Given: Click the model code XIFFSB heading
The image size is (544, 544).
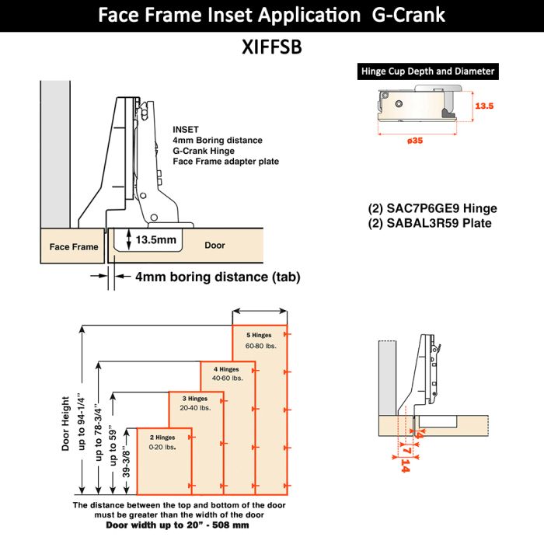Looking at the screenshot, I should point(271,47).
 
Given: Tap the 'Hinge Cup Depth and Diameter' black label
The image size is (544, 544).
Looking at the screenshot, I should point(427,71).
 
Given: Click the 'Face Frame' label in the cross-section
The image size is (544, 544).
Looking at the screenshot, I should point(74,246).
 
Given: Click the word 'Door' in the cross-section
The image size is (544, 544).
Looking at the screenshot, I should point(214,245).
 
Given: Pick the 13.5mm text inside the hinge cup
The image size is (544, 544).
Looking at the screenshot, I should point(155,240).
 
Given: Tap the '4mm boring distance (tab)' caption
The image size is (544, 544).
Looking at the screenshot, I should point(218,277).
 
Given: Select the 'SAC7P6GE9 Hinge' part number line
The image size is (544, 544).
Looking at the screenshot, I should point(432,208).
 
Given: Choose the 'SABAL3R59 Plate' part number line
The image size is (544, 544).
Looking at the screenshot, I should point(430,223).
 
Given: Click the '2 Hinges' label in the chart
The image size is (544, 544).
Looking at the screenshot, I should point(162,438).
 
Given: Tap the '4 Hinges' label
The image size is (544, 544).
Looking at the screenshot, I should point(227,368).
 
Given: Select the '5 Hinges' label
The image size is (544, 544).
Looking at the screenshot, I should point(260,335).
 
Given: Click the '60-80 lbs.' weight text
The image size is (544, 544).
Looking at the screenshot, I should point(260,345).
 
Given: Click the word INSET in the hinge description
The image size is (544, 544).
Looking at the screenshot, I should point(186,129).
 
